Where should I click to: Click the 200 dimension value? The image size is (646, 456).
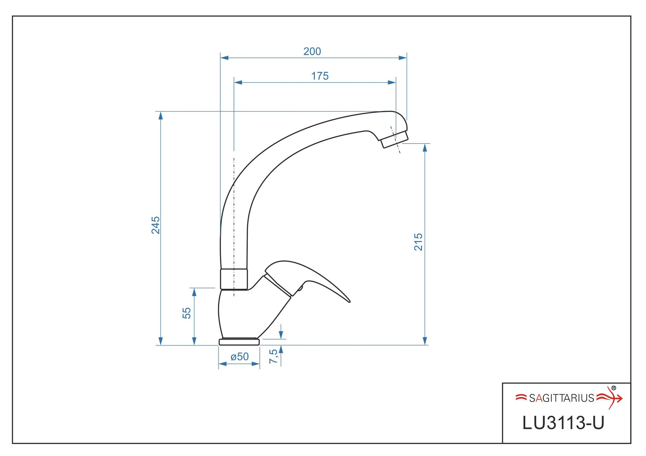click(x=312, y=51)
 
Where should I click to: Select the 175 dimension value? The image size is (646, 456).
click(x=320, y=76)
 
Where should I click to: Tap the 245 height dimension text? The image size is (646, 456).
click(x=155, y=225)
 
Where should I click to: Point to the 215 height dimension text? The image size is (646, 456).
click(x=418, y=242)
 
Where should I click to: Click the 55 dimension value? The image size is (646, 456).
click(x=187, y=313)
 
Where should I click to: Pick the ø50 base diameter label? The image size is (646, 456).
click(x=240, y=357)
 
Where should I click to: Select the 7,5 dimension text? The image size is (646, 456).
click(x=273, y=356)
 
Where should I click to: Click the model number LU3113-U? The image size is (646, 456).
click(x=563, y=423)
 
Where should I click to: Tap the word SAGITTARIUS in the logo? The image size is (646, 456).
click(x=561, y=398)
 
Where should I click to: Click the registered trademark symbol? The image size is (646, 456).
click(x=614, y=388)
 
